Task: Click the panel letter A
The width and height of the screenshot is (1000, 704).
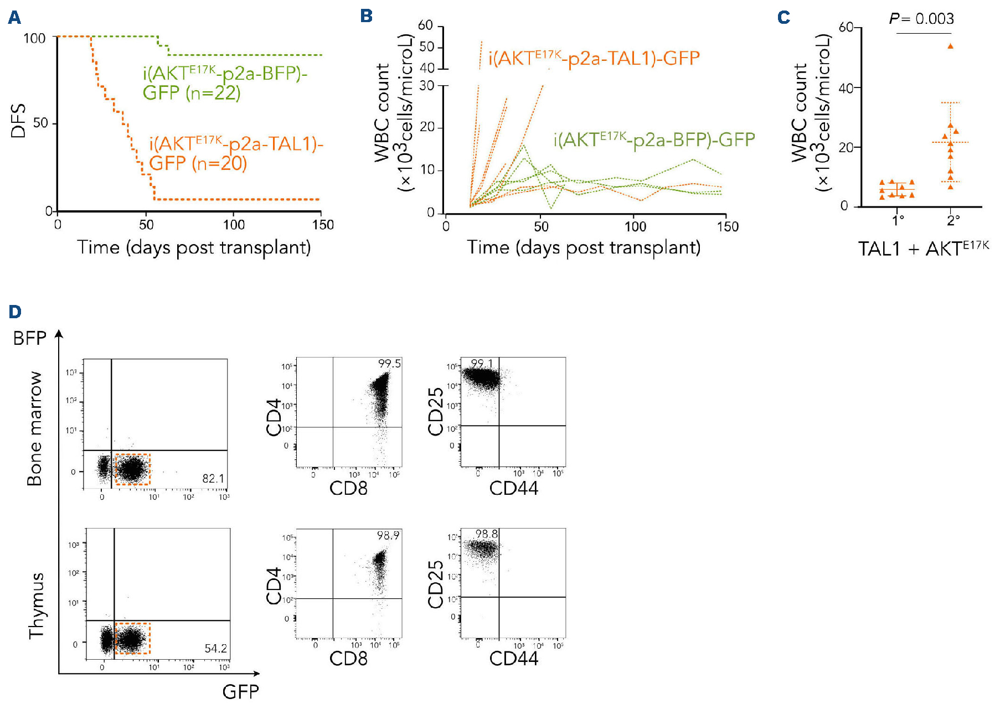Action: point(14,18)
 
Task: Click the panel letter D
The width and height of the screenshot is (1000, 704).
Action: point(15,312)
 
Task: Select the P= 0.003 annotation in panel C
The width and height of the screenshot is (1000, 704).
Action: point(921,19)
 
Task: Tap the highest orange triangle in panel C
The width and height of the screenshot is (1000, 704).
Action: point(950,46)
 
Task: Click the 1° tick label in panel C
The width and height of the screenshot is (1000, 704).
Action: point(898,220)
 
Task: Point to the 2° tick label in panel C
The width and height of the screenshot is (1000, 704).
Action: point(953,220)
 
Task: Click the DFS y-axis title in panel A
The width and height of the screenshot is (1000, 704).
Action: point(18,120)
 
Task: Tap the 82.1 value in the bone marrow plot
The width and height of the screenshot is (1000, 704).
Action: point(213,478)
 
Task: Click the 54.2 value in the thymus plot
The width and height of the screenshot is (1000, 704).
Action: point(215,649)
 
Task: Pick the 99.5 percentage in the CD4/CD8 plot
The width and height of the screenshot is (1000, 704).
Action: point(389,364)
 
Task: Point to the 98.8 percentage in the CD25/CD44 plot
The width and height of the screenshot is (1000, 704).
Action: point(486,534)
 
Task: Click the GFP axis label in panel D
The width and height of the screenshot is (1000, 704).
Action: point(240,691)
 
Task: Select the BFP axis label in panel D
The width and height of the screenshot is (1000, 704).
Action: point(30,338)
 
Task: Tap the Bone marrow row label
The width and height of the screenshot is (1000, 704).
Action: point(34,429)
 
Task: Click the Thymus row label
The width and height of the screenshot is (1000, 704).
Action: point(36,605)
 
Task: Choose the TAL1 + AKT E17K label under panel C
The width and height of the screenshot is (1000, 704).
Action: point(923,249)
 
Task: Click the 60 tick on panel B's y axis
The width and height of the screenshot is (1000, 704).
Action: point(425,25)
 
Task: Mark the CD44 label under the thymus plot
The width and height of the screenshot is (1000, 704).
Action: point(513,659)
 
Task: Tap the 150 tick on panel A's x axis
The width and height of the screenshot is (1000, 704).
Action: point(323,225)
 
